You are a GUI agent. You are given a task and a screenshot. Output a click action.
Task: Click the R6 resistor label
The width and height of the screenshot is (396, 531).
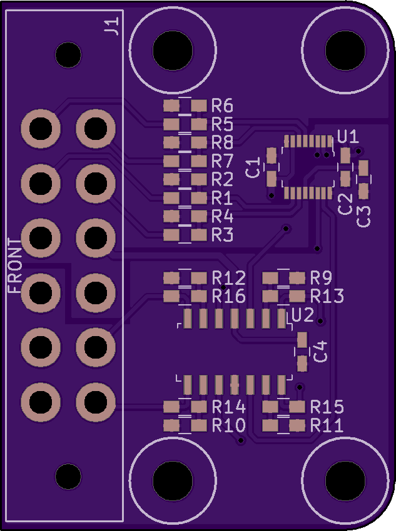pos(222,105)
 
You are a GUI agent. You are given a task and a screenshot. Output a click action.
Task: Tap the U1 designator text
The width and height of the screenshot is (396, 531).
pos(347,136)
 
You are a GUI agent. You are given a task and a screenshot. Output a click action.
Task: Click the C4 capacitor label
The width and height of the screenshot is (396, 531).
pos(320,351)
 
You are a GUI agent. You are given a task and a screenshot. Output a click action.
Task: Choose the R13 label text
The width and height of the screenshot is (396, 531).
pos(327,295)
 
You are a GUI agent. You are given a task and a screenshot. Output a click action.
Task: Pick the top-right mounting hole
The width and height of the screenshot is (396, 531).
pos(345,49)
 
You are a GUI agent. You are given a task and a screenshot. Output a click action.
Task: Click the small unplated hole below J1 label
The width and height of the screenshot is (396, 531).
pos(68,55)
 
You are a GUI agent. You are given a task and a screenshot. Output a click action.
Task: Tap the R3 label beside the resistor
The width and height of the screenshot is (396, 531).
pos(222,235)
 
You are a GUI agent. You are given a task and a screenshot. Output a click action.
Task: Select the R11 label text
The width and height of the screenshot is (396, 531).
pos(327,426)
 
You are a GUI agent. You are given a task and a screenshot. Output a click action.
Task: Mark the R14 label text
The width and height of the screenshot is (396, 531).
pos(228,407)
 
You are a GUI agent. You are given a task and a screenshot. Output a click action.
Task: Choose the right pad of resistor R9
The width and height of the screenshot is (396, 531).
pos(297,277)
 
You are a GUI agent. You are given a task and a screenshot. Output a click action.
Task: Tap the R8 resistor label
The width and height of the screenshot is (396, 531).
pos(222,142)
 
